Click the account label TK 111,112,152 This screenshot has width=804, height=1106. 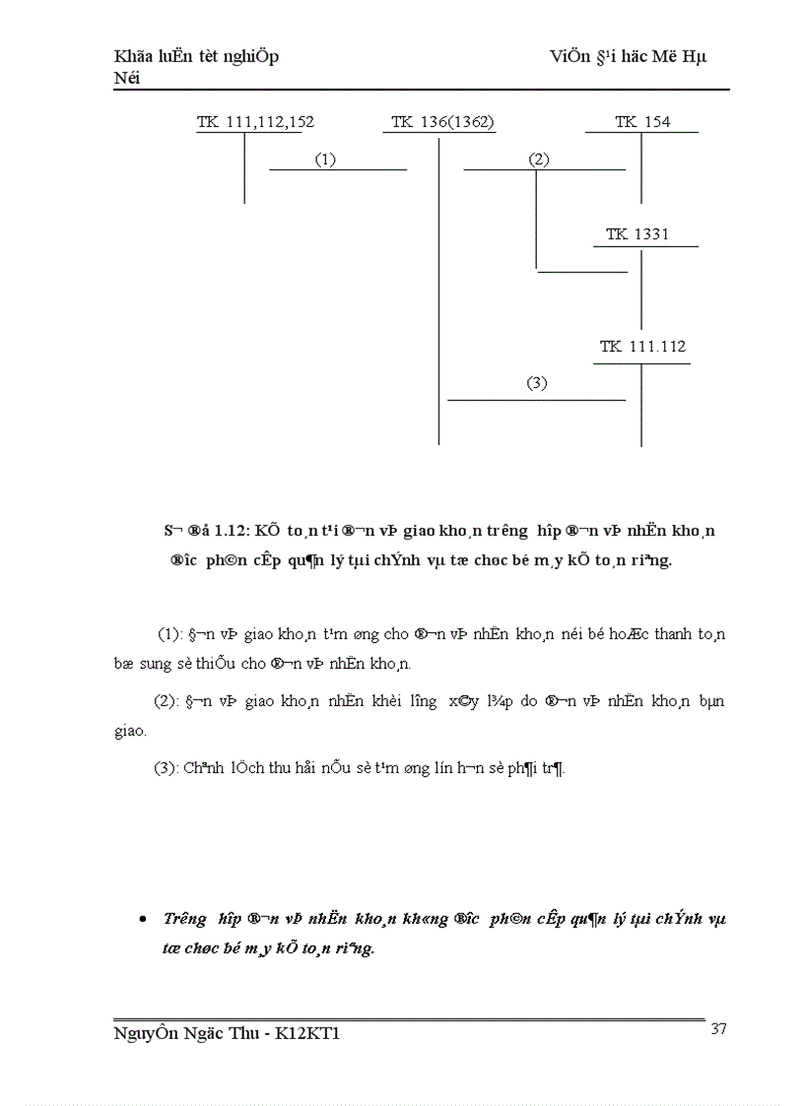[x=255, y=122]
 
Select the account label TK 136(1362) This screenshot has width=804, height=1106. [x=442, y=122]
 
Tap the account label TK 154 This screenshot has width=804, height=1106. [x=642, y=122]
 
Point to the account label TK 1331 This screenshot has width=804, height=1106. [x=637, y=234]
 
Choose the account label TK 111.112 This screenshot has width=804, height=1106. [x=642, y=347]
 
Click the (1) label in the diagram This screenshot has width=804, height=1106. [x=325, y=159]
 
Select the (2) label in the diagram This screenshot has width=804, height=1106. [x=538, y=159]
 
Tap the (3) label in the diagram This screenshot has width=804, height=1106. [x=536, y=384]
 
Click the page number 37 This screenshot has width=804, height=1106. [x=718, y=1029]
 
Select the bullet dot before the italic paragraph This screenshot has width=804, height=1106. [x=144, y=919]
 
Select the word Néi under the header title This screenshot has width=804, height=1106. [x=127, y=78]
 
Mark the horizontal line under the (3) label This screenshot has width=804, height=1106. [x=536, y=400]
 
